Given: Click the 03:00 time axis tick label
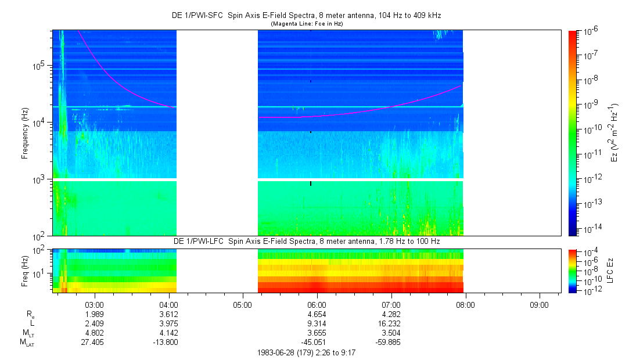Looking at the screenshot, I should click(94, 304).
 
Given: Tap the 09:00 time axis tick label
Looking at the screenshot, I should click(540, 304).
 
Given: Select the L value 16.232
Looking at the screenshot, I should click(391, 323).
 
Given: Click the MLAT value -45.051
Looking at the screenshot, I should click(316, 342).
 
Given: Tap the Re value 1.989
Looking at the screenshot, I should click(94, 314).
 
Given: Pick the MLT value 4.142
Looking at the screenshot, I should click(168, 333).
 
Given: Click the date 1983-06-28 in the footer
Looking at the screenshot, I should click(276, 352).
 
